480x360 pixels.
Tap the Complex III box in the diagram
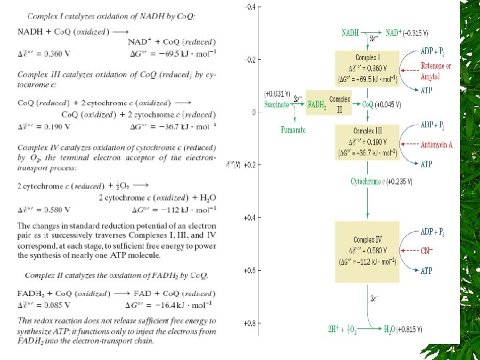point(368,141)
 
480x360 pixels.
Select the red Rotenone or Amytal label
point(435,71)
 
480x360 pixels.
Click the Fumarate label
point(293,130)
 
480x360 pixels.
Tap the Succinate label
point(277,105)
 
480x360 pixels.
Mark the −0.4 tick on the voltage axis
point(250,7)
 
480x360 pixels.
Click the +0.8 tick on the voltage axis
point(249,323)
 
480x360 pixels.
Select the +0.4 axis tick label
point(249,218)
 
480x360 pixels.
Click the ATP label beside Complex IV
point(426,271)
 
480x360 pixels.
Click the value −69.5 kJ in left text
point(187,51)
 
